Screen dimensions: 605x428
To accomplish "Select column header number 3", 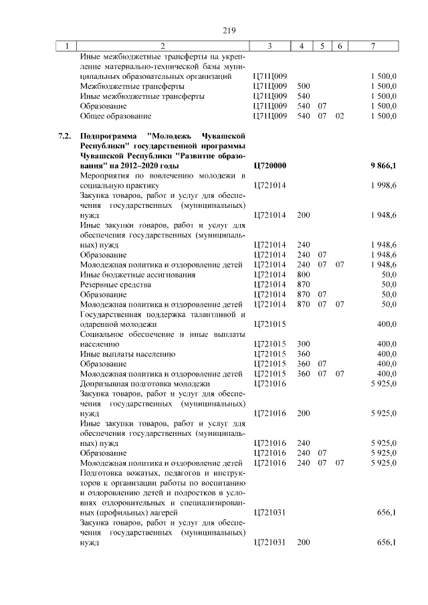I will click(269, 45).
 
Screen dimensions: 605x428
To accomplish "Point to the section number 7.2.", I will click(64, 136).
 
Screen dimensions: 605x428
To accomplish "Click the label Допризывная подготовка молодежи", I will click(145, 384).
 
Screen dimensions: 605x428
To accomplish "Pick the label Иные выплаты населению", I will click(127, 354).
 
